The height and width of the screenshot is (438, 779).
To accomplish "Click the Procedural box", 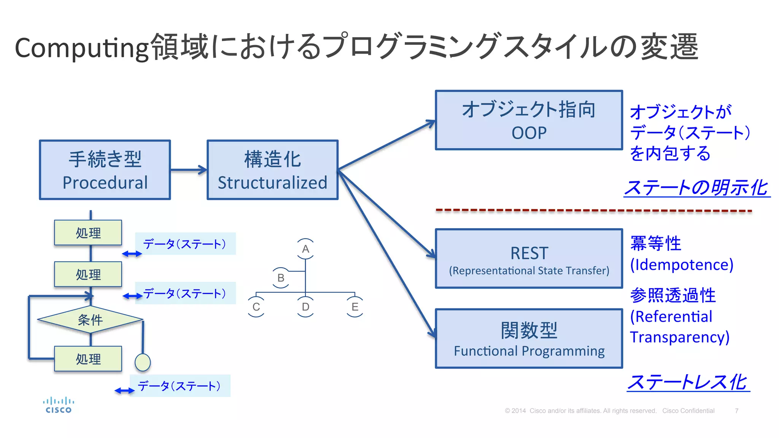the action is coord(105,170).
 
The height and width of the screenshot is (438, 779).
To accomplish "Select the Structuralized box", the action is coord(272,170).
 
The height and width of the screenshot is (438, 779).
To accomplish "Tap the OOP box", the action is coord(529,120).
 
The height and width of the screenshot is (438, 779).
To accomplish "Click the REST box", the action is coord(529,259).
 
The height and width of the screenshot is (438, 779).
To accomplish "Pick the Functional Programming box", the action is coord(529,338).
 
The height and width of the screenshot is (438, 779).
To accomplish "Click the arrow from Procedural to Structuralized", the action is coord(189,170).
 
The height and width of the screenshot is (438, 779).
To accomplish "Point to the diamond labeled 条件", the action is coord(90,320).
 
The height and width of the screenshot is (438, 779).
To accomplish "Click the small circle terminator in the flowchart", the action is coord(143,362).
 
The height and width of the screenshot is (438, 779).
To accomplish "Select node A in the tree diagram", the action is coord(305,249).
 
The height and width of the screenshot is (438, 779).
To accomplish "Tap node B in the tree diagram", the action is coord(281,278).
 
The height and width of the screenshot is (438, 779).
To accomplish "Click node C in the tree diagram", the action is coord(256,307).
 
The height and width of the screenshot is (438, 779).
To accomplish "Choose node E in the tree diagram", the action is coord(355,307).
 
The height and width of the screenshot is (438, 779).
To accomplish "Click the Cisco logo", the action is coord(59,405).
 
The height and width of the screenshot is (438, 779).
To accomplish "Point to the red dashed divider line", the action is coord(593,210).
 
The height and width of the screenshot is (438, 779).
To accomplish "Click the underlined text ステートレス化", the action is coord(688,382).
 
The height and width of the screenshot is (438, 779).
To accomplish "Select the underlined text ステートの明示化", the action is coord(697,187).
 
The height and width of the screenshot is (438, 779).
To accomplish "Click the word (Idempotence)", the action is coord(682,265).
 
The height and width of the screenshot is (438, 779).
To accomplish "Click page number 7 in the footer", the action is coord(737,411).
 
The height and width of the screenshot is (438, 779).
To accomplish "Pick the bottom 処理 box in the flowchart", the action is coord(88,359).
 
